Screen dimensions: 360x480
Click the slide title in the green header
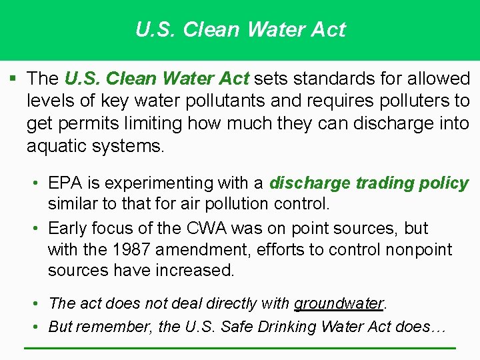240,30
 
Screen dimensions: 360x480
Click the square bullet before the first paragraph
13,79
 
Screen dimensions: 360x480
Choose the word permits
93,124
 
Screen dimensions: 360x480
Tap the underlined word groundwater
339,304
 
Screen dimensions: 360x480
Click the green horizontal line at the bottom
240,348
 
